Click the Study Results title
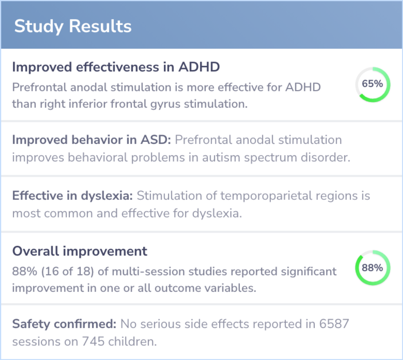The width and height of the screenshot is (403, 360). (73, 26)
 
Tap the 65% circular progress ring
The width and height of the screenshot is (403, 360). (372, 84)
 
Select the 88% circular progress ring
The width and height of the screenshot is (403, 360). (372, 268)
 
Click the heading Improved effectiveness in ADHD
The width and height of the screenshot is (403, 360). (116, 67)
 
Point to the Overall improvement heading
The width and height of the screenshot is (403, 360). (80, 251)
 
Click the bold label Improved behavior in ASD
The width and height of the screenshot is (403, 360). (91, 140)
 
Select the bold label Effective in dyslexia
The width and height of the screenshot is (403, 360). (72, 196)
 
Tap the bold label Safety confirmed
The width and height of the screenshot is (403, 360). (64, 324)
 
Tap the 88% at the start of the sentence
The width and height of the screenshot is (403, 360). (25, 271)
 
